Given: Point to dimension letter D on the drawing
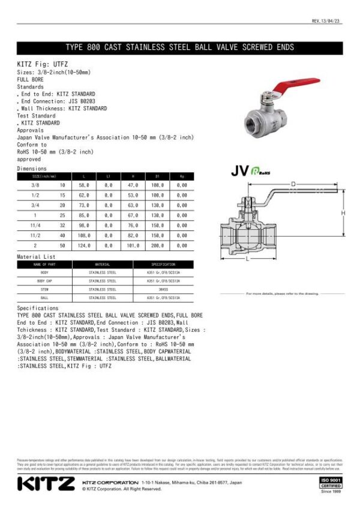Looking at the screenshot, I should click(293, 183).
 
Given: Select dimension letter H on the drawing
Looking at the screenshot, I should click(344, 213).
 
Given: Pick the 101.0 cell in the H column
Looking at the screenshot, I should click(133, 245).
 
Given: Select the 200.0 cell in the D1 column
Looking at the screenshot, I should click(157, 245).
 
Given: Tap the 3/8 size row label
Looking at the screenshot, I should click(35, 186).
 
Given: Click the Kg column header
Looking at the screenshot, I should click(182, 176).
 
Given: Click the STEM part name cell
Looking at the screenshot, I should click(44, 289).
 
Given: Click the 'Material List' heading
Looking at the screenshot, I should click(37, 257).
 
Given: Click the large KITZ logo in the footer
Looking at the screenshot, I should click(46, 483).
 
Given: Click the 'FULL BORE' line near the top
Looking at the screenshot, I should click(31, 79).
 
